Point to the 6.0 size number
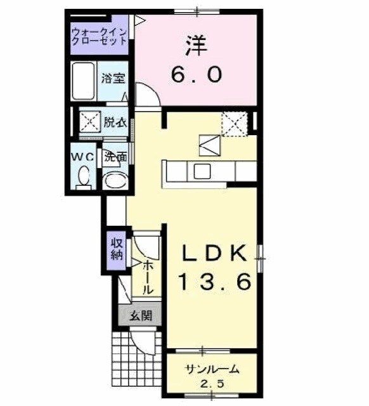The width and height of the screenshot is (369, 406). pos(196,75)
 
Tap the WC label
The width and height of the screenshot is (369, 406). pos(82,156)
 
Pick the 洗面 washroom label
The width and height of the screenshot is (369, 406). pos(115,156)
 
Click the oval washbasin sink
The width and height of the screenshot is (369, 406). pos(115,180)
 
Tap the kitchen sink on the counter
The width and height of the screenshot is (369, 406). pos(202,171)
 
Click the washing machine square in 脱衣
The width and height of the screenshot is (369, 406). pos(88,121)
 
